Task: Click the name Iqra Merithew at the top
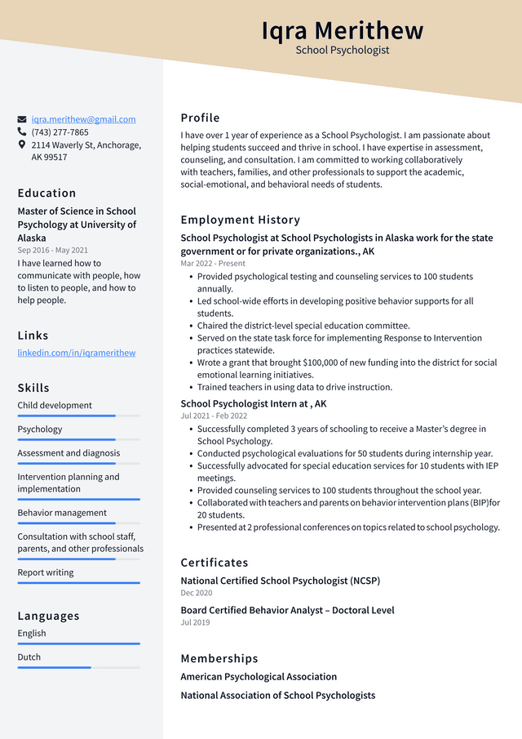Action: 343,30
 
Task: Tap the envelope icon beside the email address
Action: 22,119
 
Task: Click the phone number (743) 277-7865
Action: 60,132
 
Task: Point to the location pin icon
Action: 22,145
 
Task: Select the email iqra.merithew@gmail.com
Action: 84,119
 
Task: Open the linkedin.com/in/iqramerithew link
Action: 77,353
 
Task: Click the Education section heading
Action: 46,194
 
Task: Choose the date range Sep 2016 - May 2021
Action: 53,251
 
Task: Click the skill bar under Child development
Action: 78,416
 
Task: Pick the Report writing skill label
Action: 46,572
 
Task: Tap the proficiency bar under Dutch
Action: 78,667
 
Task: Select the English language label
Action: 32,634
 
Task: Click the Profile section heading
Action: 201,118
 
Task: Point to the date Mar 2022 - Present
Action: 213,264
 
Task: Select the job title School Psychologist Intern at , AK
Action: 254,403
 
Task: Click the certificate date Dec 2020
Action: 197,593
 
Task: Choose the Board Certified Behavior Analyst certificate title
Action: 287,610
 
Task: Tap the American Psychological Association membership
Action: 259,676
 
